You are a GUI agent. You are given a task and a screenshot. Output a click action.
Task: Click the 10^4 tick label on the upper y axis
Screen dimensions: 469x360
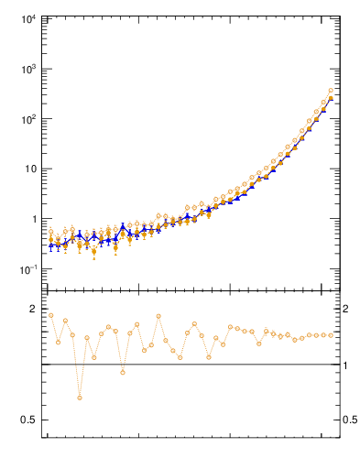(x=27, y=19)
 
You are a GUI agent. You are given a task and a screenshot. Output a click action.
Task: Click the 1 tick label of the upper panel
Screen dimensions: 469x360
(x=33, y=219)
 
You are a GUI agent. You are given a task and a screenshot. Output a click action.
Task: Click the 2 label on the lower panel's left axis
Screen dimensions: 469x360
(x=33, y=309)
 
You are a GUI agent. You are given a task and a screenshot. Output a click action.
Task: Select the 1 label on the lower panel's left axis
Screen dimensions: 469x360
(x=33, y=365)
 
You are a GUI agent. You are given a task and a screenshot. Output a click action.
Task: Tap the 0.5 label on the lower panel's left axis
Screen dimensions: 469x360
(x=28, y=420)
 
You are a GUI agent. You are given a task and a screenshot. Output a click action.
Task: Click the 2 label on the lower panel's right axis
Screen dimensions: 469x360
(x=345, y=309)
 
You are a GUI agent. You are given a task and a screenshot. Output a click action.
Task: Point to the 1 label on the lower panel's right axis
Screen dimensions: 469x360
(x=345, y=365)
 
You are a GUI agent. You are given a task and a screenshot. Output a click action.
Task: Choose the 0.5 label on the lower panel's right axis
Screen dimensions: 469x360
(x=349, y=420)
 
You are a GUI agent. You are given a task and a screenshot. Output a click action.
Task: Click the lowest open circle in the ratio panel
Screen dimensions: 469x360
(x=80, y=398)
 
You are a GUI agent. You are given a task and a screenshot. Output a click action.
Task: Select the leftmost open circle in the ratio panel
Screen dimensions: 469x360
(x=51, y=315)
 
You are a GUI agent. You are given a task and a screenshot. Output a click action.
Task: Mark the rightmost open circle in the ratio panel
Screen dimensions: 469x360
(x=331, y=335)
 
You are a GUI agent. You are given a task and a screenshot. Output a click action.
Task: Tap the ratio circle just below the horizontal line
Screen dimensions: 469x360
(x=123, y=373)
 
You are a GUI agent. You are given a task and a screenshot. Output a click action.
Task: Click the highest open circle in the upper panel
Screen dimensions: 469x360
(x=331, y=91)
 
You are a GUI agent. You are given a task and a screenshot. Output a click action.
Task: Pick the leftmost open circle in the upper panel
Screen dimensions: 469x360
(x=51, y=232)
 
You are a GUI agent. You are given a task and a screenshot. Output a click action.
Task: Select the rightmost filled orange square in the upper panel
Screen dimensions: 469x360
(x=331, y=99)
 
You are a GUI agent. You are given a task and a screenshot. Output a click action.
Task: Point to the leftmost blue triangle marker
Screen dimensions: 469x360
(x=51, y=245)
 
